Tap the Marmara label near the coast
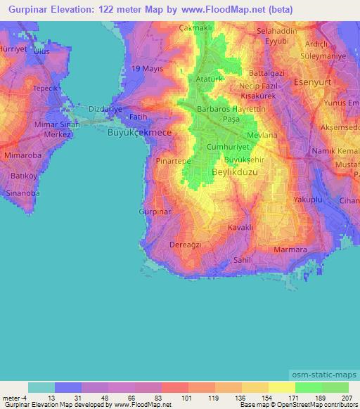[x=290, y=249]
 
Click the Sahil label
[x=243, y=259]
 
